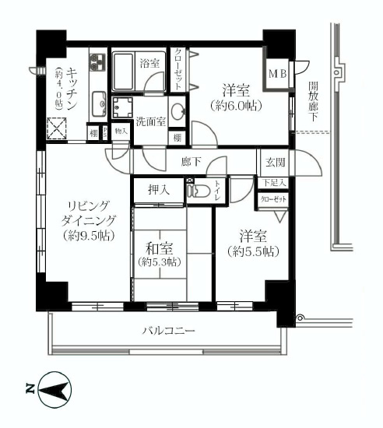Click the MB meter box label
point(276,75)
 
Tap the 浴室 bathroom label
point(149,64)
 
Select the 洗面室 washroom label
point(150,121)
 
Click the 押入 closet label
point(160,190)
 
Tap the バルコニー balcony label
point(168,331)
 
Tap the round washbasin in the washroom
point(178,110)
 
